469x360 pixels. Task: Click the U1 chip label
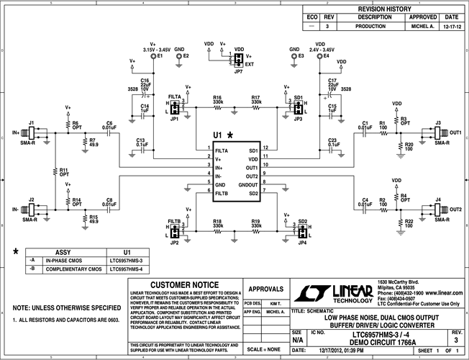217,135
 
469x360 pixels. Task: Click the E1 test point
160,55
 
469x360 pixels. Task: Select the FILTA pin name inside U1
222,150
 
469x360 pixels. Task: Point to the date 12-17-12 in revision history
451,25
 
